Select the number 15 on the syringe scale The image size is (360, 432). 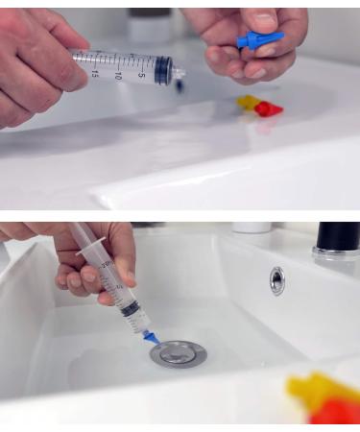pos(95,75)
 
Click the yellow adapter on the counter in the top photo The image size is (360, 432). pos(249,101)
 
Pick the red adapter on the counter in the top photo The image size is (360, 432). pos(268,108)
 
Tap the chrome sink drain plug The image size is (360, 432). pos(178,353)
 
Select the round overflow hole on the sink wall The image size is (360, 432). pos(277,279)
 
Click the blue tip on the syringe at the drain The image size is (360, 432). pos(151,336)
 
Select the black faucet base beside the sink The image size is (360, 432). pos(337,240)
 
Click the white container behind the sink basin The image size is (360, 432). pos(252,228)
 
